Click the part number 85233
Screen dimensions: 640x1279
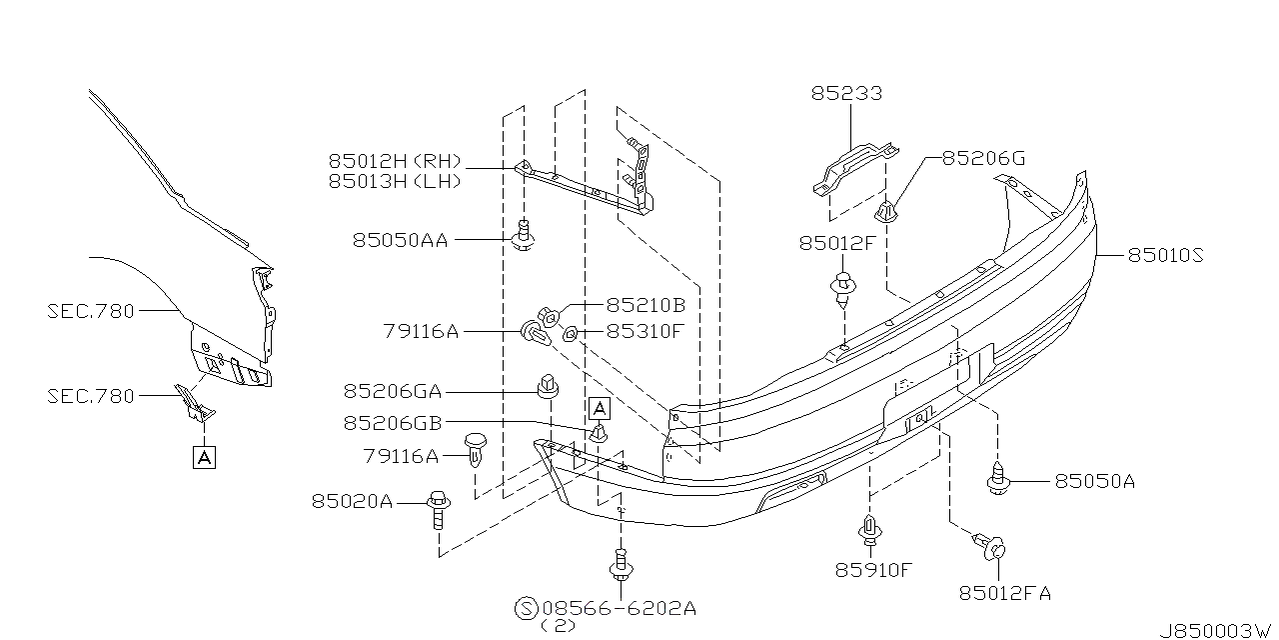click(846, 94)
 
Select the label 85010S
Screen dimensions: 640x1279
click(1165, 256)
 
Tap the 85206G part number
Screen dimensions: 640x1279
click(983, 158)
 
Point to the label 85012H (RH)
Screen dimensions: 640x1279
click(394, 161)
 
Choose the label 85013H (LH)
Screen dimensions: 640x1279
click(393, 181)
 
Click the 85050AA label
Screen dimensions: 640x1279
click(400, 240)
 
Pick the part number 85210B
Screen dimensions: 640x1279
click(645, 304)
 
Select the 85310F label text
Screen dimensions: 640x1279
click(644, 331)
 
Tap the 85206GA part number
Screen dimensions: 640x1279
click(392, 393)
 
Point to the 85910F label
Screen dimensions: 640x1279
click(873, 570)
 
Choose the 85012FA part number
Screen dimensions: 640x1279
click(1004, 593)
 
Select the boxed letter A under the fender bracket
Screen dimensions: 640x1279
click(204, 458)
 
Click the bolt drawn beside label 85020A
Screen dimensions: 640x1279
click(438, 508)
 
